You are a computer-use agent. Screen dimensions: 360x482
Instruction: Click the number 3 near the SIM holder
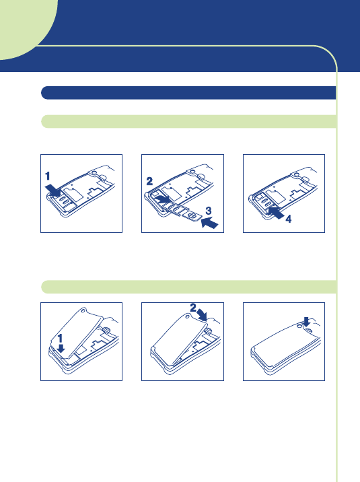[x=209, y=211]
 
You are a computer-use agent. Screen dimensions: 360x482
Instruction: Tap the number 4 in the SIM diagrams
[x=289, y=219]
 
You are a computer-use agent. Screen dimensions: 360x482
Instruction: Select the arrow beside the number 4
[x=275, y=213]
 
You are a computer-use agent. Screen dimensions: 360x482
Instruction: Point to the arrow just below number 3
[x=209, y=222]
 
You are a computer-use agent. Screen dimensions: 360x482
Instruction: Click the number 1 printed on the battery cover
[x=60, y=339]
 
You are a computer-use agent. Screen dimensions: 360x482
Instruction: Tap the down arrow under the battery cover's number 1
[x=61, y=348]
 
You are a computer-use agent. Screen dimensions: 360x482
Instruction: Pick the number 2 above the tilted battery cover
[x=193, y=308]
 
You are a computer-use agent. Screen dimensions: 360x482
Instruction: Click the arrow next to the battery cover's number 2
[x=202, y=315]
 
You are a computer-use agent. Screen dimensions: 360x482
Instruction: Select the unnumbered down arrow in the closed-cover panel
[x=306, y=322]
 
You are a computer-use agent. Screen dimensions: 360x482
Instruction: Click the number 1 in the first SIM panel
[x=47, y=176]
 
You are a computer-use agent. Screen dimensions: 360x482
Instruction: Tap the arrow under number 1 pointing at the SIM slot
[x=53, y=191]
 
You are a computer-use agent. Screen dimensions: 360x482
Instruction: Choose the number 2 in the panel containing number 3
[x=149, y=181]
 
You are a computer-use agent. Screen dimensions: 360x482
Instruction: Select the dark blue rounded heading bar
[x=188, y=92]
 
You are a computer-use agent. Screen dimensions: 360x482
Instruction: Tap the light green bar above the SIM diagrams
[x=188, y=121]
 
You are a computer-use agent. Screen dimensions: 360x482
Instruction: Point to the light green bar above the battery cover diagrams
[x=188, y=287]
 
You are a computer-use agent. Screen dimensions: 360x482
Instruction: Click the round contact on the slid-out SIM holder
[x=192, y=216]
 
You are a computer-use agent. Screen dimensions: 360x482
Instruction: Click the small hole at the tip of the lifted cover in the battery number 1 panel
[x=83, y=310]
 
